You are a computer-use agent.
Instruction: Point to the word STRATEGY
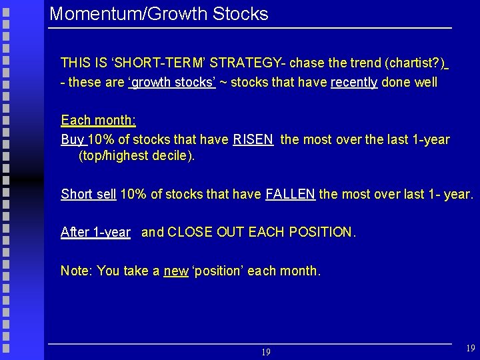pyautogui.click(x=242, y=63)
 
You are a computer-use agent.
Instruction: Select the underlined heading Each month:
pyautogui.click(x=98, y=121)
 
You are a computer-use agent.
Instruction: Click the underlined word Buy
pyautogui.click(x=72, y=139)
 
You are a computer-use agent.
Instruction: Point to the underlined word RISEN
pyautogui.click(x=253, y=139)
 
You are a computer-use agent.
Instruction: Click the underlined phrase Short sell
pyautogui.click(x=88, y=195)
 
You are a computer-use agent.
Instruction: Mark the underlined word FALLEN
pyautogui.click(x=290, y=195)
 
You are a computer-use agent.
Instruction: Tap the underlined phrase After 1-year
pyautogui.click(x=95, y=233)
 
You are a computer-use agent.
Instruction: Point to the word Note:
pyautogui.click(x=77, y=271)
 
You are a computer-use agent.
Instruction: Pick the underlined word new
pyautogui.click(x=176, y=271)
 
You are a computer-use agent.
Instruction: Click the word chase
pyautogui.click(x=307, y=63)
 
